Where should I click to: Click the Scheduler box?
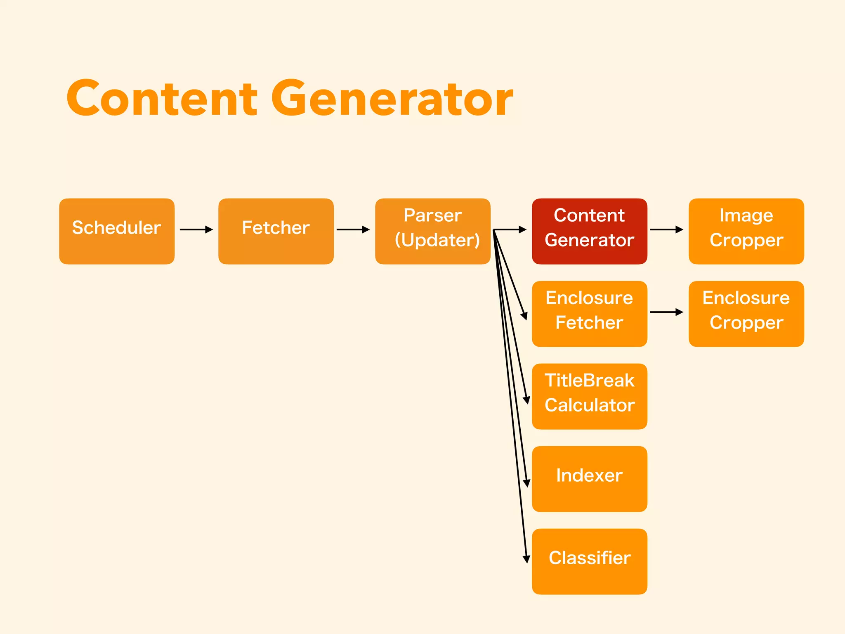pyautogui.click(x=117, y=231)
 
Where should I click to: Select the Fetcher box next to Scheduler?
pyautogui.click(x=276, y=231)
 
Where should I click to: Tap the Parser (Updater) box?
pyautogui.click(x=432, y=231)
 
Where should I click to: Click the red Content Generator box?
pyautogui.click(x=589, y=231)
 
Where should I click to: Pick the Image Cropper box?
pyautogui.click(x=746, y=231)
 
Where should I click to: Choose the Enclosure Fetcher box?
pyautogui.click(x=589, y=314)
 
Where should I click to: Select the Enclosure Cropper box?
pyautogui.click(x=746, y=314)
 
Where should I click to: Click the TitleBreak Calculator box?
pyautogui.click(x=589, y=396)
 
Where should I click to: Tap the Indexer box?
pyautogui.click(x=589, y=479)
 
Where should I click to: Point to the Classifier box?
pyautogui.click(x=589, y=561)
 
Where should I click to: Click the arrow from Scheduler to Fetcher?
pyautogui.click(x=196, y=229)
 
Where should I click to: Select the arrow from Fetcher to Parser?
pyautogui.click(x=353, y=229)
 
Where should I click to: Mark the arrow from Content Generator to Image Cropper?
pyautogui.click(x=666, y=229)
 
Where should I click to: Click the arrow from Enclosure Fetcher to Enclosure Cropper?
pyautogui.click(x=666, y=312)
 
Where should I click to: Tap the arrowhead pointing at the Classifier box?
pyautogui.click(x=526, y=559)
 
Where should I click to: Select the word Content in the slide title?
pyautogui.click(x=162, y=99)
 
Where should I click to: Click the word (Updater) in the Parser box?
pyautogui.click(x=437, y=240)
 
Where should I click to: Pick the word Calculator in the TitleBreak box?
pyautogui.click(x=589, y=405)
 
